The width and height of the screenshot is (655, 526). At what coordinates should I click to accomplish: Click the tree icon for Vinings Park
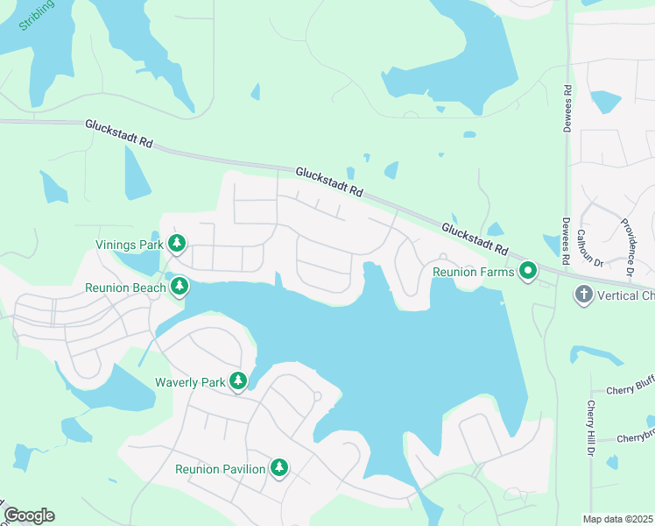[x=177, y=243]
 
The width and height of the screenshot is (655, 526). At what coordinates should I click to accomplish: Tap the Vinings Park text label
[x=130, y=245]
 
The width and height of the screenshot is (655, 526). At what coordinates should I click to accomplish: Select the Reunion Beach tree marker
[x=180, y=286]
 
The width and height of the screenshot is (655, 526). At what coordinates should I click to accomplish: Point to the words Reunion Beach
[x=124, y=288]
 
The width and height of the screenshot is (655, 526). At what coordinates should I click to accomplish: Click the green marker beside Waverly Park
[x=237, y=380]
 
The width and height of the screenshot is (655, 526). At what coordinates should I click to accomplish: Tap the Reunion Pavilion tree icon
[x=279, y=468]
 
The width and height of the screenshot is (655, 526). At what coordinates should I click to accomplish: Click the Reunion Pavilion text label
[x=220, y=470]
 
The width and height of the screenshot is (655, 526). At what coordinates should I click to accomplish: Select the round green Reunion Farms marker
[x=528, y=271]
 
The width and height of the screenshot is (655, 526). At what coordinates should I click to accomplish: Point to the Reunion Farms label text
[x=474, y=273]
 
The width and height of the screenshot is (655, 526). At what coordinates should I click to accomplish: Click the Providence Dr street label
[x=627, y=248]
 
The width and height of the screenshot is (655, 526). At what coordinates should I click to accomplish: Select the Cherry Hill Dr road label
[x=593, y=427]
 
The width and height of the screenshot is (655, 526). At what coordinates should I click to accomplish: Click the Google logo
[x=29, y=515]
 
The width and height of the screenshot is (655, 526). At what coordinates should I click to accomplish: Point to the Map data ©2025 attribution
[x=617, y=519]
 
